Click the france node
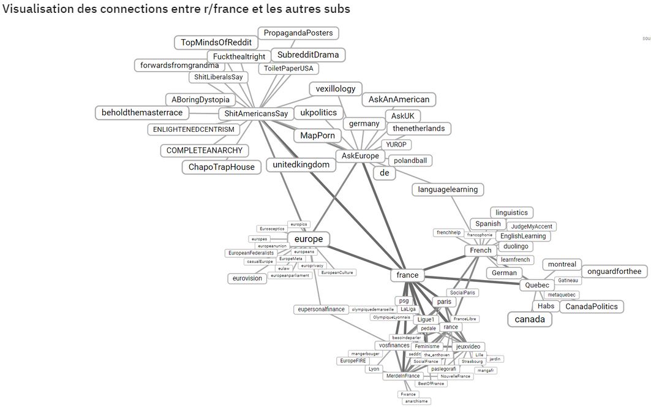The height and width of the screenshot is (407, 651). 407,275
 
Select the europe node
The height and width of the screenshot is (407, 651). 309,239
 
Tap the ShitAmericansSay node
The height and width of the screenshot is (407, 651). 256,113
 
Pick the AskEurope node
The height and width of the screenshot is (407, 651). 360,156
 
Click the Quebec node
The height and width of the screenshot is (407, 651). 538,285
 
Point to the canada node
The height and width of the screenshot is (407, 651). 530,319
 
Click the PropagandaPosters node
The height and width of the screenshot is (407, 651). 298,32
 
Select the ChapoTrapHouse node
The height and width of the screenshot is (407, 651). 221,167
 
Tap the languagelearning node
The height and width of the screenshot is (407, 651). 448,189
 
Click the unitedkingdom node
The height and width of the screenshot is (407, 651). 301,165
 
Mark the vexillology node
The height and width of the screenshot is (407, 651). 336,89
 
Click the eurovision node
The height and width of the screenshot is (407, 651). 247,278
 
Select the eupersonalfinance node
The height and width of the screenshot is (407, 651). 322,310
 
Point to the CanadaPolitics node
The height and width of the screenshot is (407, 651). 592,306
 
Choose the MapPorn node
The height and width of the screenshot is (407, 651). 321,135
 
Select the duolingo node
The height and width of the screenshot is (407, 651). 515,246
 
